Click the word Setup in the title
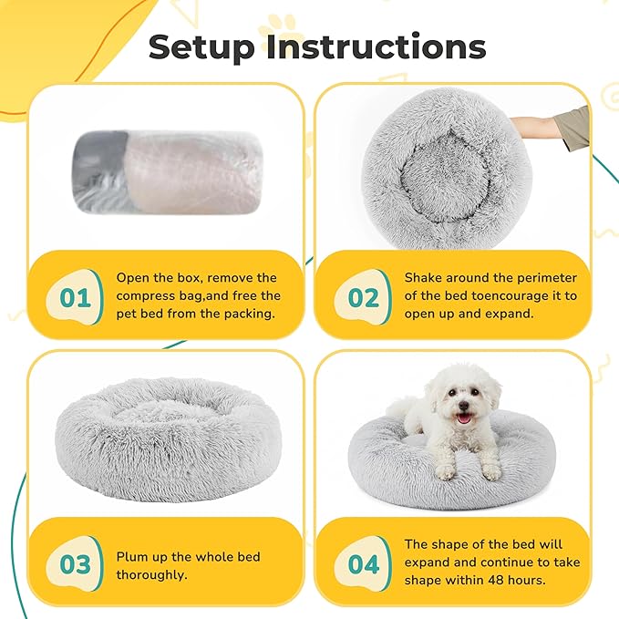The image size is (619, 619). coord(201,48)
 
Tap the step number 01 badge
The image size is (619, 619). coord(75,297)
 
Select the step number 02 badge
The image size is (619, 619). coord(363,297)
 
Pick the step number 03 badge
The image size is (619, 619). coord(75,563)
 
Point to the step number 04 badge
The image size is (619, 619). coord(363,563)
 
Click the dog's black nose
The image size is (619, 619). coord(463,406)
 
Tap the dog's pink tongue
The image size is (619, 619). coord(463,418)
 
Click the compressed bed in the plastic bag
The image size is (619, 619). coord(168,172)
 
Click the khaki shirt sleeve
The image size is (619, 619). coord(573,128)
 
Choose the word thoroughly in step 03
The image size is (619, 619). coord(151,574)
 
